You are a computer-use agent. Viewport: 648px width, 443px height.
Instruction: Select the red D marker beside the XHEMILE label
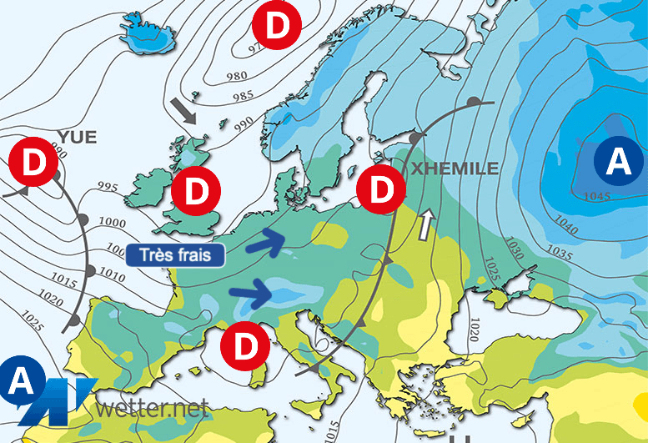380,189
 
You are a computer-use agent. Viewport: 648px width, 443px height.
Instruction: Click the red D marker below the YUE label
33,163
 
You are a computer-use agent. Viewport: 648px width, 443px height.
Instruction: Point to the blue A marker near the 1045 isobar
617,160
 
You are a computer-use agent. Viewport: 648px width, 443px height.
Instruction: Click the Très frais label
175,254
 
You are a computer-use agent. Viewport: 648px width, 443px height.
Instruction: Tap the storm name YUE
78,136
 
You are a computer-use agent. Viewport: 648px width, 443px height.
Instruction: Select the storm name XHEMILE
454,169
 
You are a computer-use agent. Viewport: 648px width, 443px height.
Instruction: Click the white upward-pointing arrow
426,223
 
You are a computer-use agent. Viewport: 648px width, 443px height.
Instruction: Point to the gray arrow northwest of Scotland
183,110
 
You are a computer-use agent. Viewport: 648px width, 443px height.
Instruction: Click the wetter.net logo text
152,409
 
